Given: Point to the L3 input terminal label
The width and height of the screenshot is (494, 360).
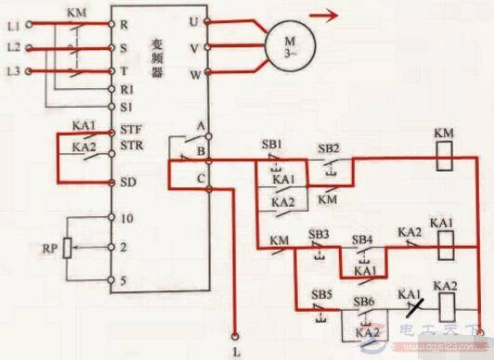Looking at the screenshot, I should coord(12,71).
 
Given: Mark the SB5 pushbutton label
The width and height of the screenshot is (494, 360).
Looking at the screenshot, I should coord(322,294).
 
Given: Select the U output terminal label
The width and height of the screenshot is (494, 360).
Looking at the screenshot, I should coord(192,19).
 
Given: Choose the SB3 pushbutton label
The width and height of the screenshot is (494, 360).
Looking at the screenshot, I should coord(318,233).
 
